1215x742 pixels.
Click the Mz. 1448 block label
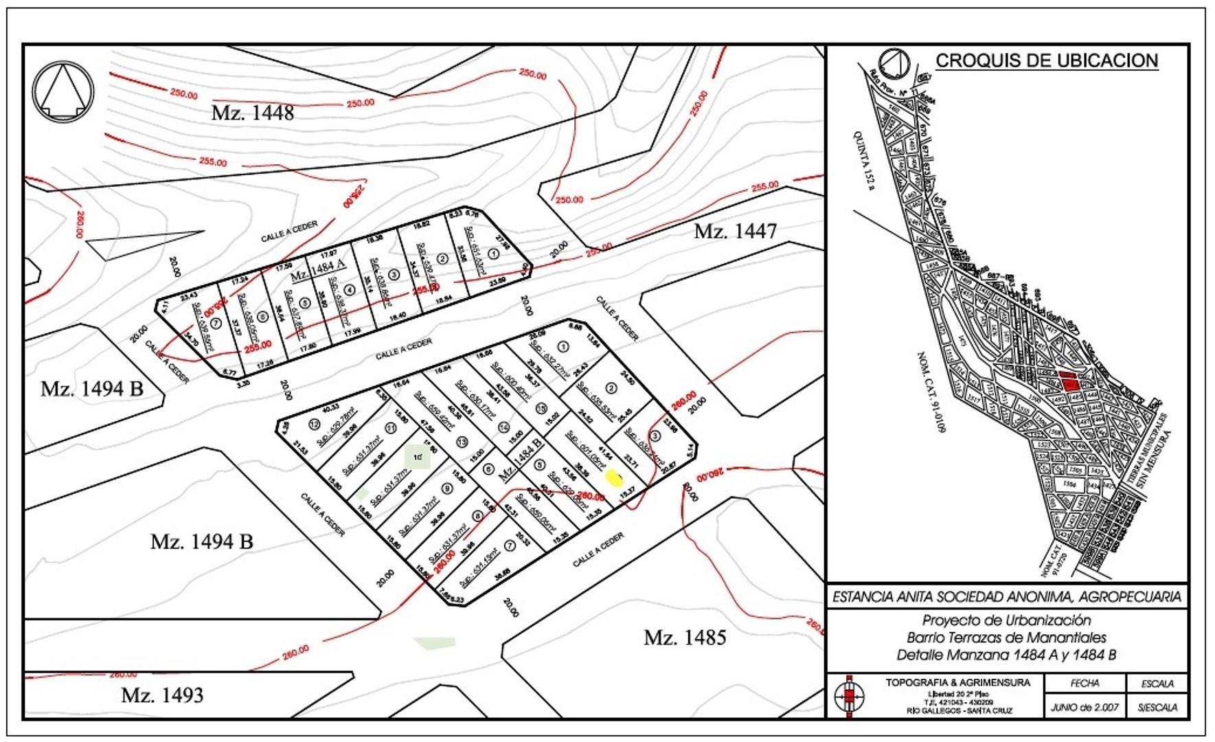click(x=252, y=112)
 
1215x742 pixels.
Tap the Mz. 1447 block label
click(x=735, y=231)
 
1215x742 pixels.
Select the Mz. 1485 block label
click(x=684, y=638)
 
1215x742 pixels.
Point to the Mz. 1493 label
click(x=162, y=695)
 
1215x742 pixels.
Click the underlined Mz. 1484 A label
click(x=317, y=274)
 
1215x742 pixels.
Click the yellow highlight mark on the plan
click(x=613, y=476)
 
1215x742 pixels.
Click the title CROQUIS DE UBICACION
click(x=1046, y=60)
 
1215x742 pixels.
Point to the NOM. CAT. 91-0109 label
click(x=931, y=392)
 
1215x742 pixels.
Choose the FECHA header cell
click(x=1085, y=683)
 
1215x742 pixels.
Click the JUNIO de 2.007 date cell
click(x=1085, y=706)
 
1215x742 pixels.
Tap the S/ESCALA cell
click(x=1157, y=706)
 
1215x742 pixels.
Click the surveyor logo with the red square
click(x=850, y=696)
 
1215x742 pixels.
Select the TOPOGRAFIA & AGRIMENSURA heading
click(x=957, y=682)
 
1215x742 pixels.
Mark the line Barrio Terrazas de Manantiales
click(x=1006, y=638)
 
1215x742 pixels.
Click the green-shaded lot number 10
click(x=417, y=457)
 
